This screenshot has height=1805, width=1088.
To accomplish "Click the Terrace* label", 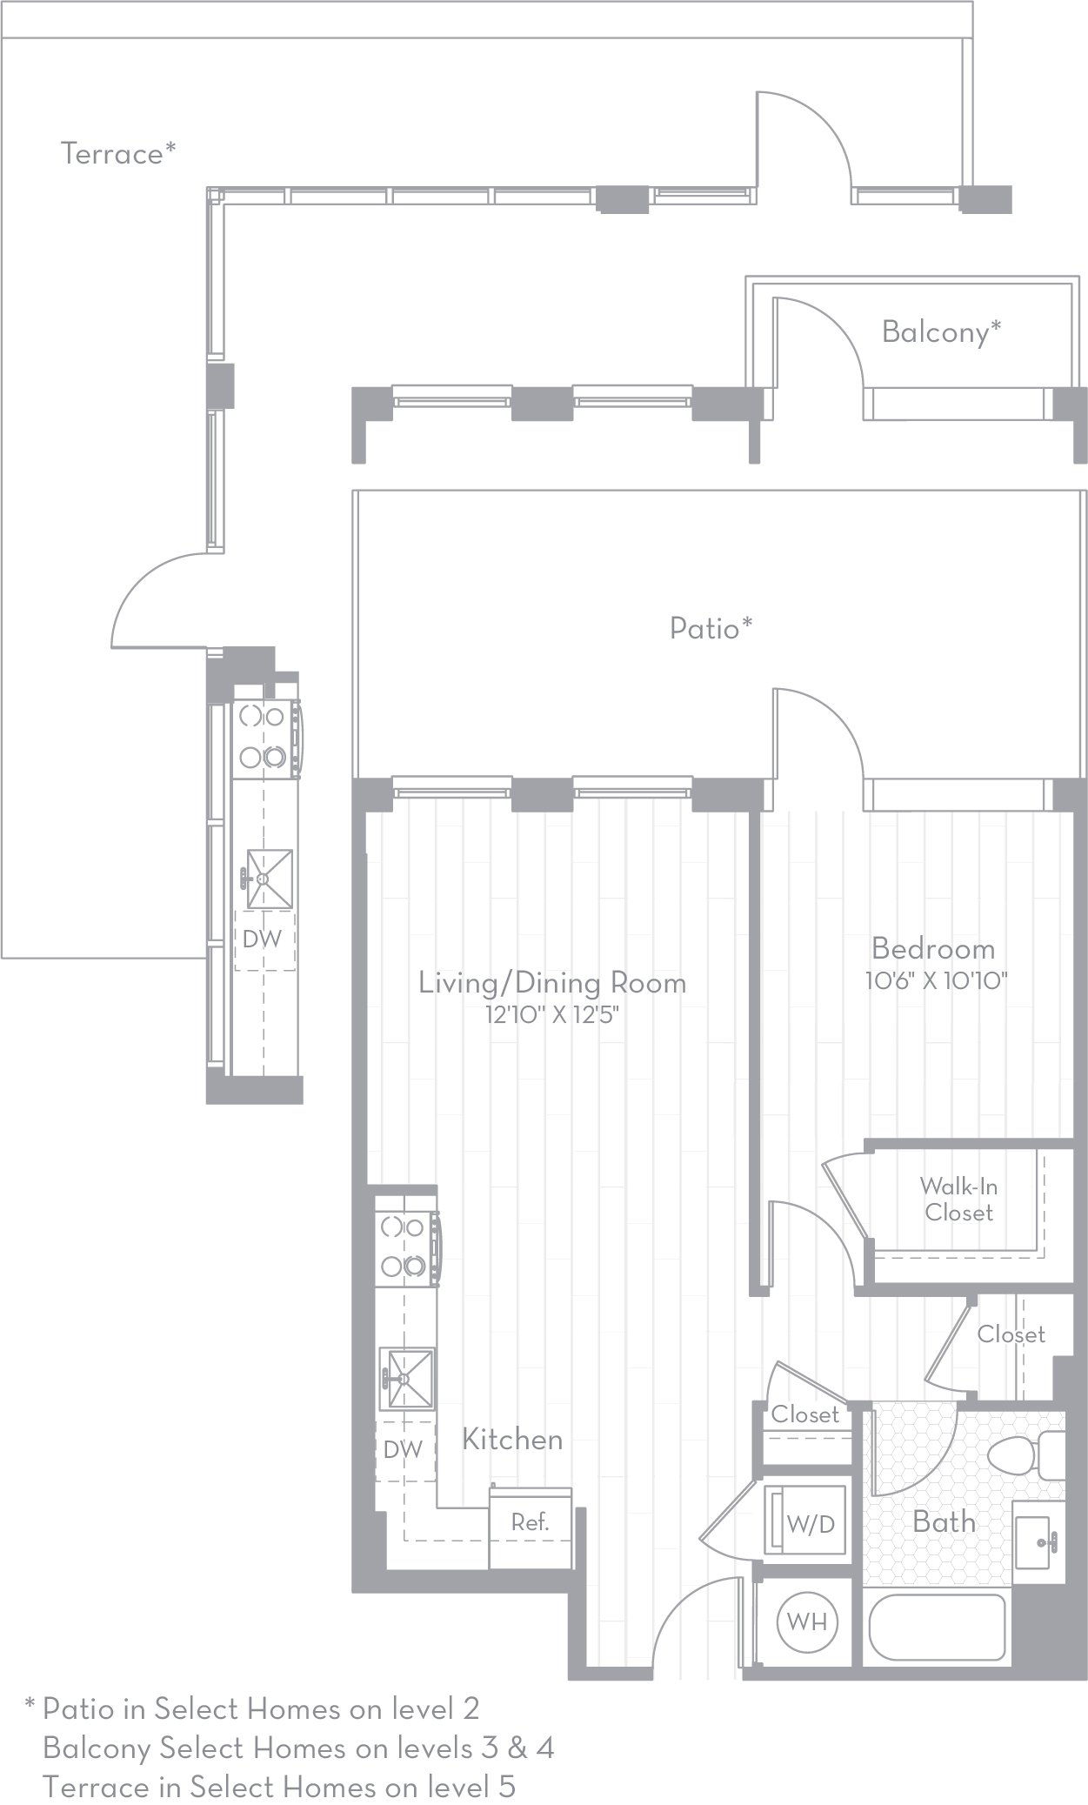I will (x=118, y=153).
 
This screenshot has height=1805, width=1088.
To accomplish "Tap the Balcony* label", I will (x=941, y=331).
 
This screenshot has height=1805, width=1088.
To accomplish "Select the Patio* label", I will (x=711, y=627).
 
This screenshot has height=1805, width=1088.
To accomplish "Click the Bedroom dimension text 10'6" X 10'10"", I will (x=936, y=981).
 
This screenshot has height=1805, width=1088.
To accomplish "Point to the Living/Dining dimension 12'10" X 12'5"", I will (x=554, y=1015).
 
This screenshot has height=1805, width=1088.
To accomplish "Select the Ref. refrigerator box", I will (x=530, y=1522).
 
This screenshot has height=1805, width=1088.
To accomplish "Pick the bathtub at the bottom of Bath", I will (x=938, y=1625).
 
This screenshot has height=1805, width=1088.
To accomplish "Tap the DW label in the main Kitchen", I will (x=403, y=1449).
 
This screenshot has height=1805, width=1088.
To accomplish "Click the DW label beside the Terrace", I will (x=262, y=939).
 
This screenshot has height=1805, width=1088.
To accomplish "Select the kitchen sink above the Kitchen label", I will (x=408, y=1378).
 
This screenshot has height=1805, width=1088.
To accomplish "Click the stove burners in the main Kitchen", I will (x=403, y=1247).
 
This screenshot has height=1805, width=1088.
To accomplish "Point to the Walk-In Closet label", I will (x=958, y=1199).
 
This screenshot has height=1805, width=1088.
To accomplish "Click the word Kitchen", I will (x=511, y=1439).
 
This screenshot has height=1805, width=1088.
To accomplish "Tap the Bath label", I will (x=944, y=1521).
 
